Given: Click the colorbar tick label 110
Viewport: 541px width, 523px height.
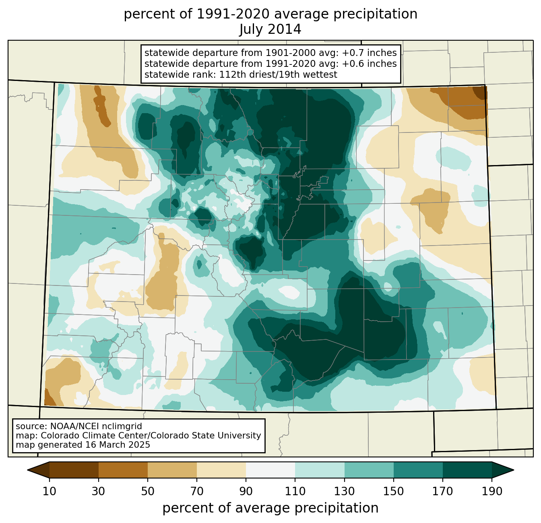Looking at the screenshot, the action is pos(295,491).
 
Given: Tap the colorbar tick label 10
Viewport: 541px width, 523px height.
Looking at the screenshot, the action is pos(49,491).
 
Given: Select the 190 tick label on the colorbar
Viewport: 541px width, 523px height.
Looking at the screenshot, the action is pos(492,491).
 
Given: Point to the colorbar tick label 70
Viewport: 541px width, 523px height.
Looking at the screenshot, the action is pos(197,491).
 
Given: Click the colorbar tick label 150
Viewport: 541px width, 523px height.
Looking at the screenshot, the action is pos(393,491).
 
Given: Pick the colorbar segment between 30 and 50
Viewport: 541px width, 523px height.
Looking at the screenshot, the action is pos(123,470).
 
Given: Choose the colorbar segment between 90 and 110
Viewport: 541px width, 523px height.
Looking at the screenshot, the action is pos(270,470).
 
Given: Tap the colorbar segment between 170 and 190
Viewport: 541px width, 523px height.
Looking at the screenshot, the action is pos(467,470).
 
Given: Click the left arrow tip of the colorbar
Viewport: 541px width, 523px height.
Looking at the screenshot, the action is pos(27,470).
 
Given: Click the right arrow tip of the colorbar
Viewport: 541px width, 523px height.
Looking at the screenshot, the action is pos(514,470).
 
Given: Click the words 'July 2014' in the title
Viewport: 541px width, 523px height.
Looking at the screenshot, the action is pos(270,29).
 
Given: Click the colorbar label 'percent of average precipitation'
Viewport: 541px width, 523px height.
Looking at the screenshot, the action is pos(270,508).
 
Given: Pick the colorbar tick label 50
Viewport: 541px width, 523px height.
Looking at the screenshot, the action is pos(148,491).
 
